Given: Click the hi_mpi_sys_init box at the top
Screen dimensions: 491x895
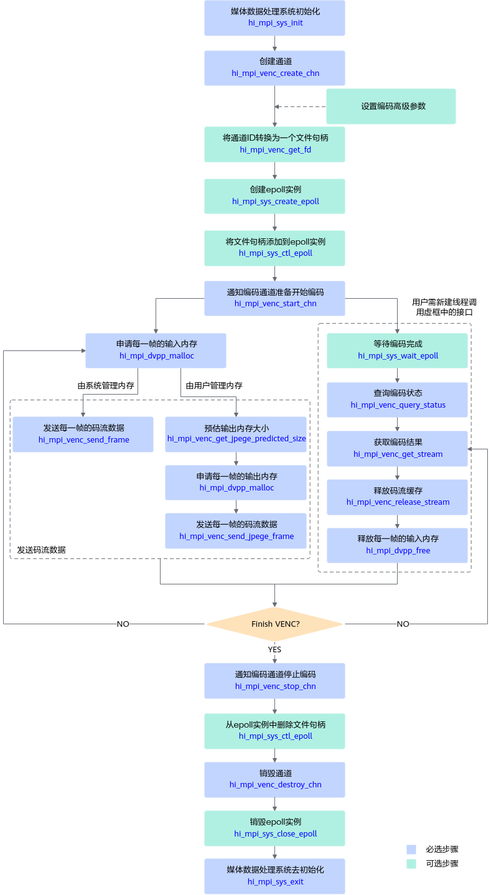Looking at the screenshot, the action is tap(274, 18).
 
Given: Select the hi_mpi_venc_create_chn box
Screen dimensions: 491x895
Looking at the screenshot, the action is tap(274, 68).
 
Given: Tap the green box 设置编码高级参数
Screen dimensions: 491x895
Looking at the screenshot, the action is tap(391, 106).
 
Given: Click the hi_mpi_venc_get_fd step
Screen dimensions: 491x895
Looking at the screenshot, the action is tap(274, 144).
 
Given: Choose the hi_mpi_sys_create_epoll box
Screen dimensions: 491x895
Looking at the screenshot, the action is tap(274, 196).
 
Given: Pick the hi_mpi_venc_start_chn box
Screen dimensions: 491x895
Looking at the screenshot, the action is tap(274, 299).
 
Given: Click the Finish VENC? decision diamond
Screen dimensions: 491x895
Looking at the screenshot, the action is tap(275, 624).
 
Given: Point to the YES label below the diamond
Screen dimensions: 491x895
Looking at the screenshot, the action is tap(274, 649).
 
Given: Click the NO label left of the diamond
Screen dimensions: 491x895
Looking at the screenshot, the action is tap(123, 624).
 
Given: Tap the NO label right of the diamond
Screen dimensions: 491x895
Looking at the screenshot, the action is tap(403, 624).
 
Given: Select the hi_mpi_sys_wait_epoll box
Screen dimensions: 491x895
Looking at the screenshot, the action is tap(397, 350).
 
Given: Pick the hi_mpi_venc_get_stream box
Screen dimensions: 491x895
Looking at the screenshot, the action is tap(397, 449).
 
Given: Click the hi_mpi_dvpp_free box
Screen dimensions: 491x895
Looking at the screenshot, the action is tap(397, 545).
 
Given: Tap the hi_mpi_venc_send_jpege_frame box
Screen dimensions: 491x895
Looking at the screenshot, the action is tap(236, 531).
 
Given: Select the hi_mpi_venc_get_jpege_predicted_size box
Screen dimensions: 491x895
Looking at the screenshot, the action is tap(236, 434).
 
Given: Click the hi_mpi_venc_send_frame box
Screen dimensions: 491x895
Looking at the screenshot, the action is tap(83, 434).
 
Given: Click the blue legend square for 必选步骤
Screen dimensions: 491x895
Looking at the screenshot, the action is tap(411, 849).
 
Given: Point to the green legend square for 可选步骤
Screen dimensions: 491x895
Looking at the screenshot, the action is tap(411, 863).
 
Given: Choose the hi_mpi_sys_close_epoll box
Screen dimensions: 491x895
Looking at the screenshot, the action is tap(274, 828).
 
